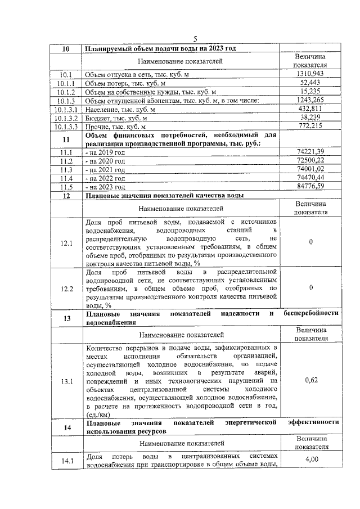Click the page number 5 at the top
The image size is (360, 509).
tap(195, 39)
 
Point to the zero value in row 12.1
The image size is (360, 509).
tap(311, 242)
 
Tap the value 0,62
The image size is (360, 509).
tap(311, 381)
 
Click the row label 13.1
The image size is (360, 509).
tap(66, 381)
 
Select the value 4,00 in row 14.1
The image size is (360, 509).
tap(311, 460)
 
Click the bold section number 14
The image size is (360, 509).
tap(66, 427)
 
